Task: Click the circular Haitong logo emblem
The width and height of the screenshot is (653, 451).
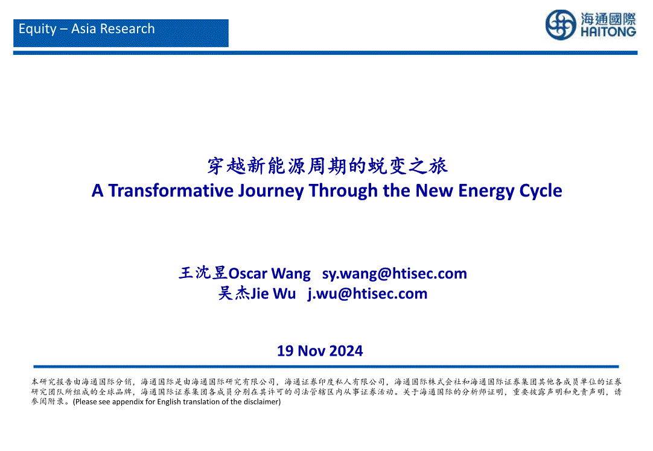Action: click(x=561, y=25)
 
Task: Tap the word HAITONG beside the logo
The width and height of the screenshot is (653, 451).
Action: click(x=608, y=32)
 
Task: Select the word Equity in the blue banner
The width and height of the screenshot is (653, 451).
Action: click(x=37, y=29)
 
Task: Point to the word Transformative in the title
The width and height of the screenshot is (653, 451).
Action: click(x=171, y=191)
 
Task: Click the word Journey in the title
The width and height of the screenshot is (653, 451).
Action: click(x=271, y=191)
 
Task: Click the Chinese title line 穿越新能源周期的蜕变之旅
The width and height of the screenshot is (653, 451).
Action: click(x=327, y=166)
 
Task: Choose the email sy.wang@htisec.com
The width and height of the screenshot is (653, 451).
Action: click(x=394, y=274)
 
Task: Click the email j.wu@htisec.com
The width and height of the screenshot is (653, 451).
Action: click(x=368, y=294)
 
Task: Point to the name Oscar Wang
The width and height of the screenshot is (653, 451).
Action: click(x=269, y=274)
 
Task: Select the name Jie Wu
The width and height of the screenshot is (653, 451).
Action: click(x=273, y=294)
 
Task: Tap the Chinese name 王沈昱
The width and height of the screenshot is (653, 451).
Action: click(x=203, y=273)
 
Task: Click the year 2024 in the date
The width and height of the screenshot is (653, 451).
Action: click(x=345, y=351)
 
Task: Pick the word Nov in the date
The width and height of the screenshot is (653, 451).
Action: click(x=310, y=351)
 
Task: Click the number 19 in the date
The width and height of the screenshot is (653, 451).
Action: click(x=285, y=351)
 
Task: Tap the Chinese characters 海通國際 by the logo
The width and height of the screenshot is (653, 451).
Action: click(x=608, y=19)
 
